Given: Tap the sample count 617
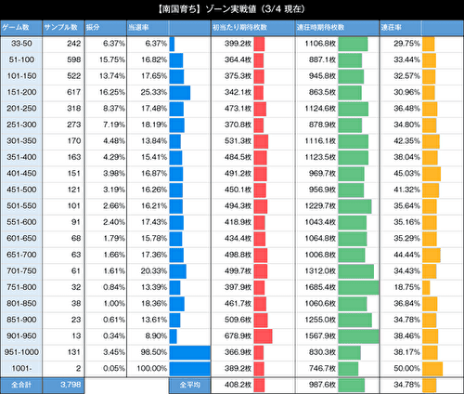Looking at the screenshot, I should pos(68,93).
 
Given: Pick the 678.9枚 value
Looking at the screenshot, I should pos(238,336).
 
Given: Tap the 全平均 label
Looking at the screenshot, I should pos(184,385).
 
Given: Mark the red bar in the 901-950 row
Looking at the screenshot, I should pos(271,336).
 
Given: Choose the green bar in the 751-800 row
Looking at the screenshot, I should pos(358,287).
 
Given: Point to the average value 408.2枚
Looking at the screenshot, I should pos(239,385).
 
